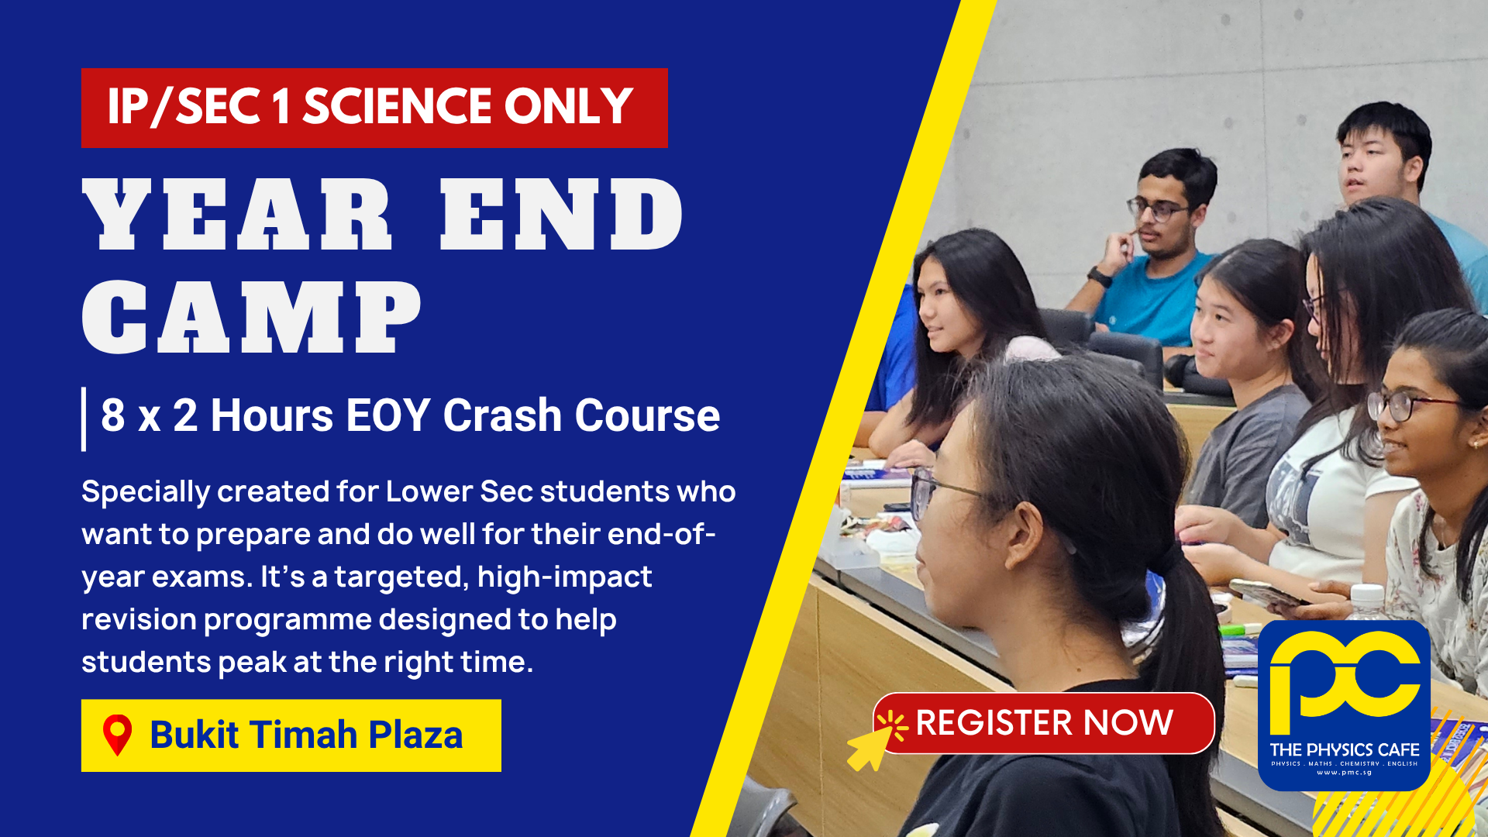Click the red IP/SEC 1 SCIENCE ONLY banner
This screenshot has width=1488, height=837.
coord(374,108)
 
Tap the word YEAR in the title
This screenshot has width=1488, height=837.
coord(237,215)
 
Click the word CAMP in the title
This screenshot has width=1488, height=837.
coord(252,317)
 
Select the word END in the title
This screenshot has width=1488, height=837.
coord(562,215)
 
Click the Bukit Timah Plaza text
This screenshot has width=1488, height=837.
coord(306,735)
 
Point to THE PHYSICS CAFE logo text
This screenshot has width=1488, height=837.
coord(1345,749)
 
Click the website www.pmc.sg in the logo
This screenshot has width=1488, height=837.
coord(1345,773)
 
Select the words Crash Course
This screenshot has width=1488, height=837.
coord(581,415)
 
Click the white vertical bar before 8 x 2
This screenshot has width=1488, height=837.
coord(84,418)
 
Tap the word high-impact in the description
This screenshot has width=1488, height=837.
coord(565,577)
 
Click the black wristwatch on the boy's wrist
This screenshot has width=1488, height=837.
coord(1099,276)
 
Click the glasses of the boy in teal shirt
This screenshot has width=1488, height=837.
coord(1156,209)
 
